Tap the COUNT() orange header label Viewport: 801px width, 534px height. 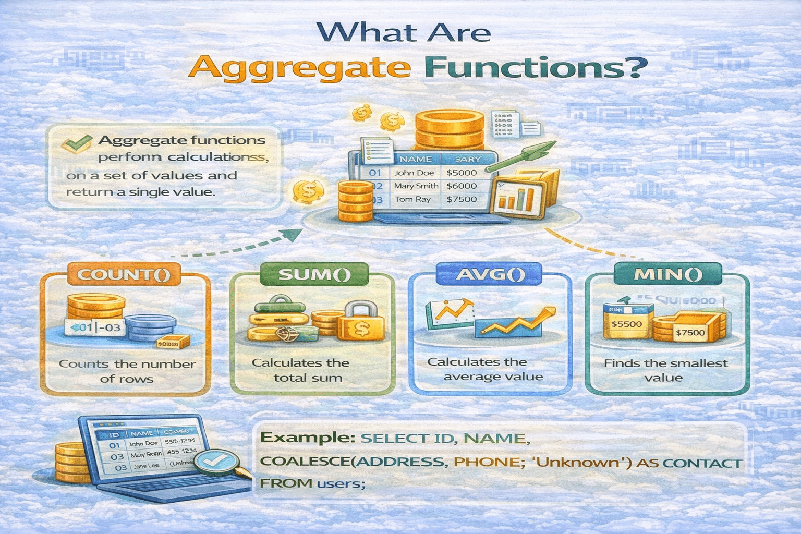click(125, 274)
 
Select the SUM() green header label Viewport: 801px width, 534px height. click(314, 274)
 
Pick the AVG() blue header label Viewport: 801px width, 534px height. click(490, 274)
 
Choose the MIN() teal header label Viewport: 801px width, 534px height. click(668, 274)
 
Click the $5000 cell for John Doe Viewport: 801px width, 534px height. click(462, 173)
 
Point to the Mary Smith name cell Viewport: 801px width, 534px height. click(416, 186)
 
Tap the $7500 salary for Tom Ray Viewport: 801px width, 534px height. click(462, 199)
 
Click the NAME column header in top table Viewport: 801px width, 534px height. click(415, 159)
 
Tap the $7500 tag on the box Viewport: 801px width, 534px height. click(689, 333)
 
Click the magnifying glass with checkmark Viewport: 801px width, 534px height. click(216, 460)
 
